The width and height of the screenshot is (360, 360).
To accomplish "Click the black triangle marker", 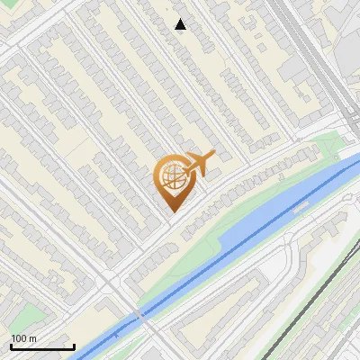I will click(x=181, y=24).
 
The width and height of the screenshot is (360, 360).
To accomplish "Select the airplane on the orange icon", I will click(x=198, y=163).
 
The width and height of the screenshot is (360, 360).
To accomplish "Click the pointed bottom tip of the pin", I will click(x=171, y=211).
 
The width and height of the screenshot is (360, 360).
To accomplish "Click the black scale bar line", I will click(x=42, y=347).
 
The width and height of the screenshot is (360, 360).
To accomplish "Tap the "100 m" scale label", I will click(x=24, y=338).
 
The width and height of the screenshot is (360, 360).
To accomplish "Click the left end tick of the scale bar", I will click(x=11, y=346).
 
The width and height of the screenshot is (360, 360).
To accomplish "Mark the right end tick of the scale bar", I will click(x=74, y=346).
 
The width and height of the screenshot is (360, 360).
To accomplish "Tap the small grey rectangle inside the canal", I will click(x=300, y=206).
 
